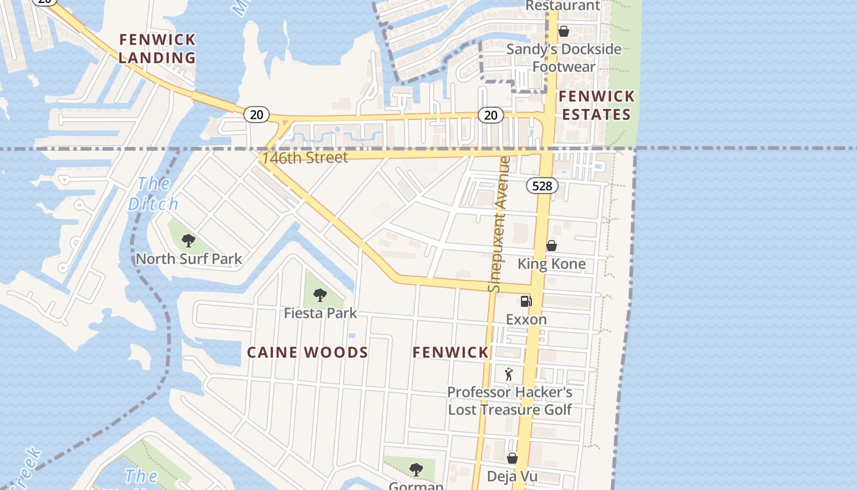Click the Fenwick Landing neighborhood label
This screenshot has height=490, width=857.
[x=157, y=49]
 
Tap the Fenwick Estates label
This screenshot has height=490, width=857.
[x=596, y=105]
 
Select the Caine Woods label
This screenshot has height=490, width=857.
[x=307, y=352]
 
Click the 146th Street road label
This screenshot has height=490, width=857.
[x=305, y=157]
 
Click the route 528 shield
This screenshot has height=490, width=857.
[x=542, y=186]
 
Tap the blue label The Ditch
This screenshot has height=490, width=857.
[x=153, y=194]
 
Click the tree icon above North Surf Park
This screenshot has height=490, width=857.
[x=189, y=240]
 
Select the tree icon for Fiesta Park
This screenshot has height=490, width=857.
[x=320, y=295]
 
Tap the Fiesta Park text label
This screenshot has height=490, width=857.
[x=320, y=313]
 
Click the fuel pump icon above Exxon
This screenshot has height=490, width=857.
[x=526, y=301]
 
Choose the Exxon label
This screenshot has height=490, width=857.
[x=526, y=319]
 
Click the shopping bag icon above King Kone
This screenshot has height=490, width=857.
[x=551, y=246]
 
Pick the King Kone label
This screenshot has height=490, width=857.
[x=551, y=264]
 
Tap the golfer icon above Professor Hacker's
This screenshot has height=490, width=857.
[x=509, y=374]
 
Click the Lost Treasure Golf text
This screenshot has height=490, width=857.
[x=509, y=410]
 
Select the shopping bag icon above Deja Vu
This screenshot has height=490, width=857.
[x=512, y=458]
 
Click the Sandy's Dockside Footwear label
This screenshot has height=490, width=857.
[x=563, y=58]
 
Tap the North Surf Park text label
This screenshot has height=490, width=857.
[x=189, y=258]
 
